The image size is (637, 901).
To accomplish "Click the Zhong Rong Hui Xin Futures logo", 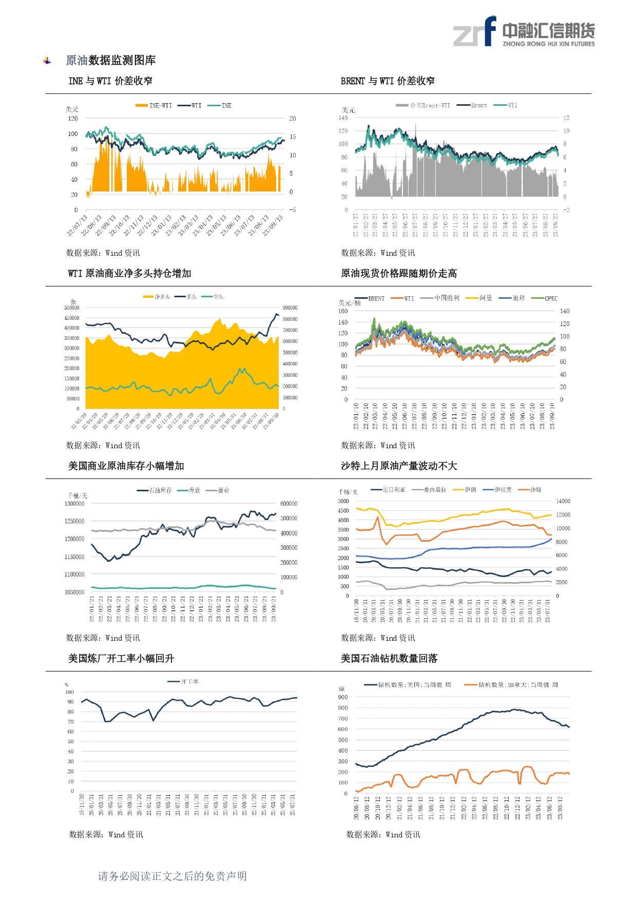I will tap(524, 32).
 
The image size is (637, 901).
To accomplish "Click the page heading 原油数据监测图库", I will tap(110, 61).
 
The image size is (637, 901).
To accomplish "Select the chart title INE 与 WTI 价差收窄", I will tap(110, 81).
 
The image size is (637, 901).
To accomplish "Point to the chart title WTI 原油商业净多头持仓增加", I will tap(129, 274).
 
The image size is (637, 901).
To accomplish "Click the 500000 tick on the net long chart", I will tap(72, 308).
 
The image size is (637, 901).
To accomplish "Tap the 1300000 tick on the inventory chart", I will tap(74, 504).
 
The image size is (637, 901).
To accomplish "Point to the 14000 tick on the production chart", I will tap(563, 501).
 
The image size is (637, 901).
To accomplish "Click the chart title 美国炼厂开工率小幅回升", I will tap(121, 659).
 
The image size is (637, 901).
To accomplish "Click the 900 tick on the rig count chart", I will tap(342, 697).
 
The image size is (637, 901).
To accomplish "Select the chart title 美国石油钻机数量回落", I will tap(389, 659).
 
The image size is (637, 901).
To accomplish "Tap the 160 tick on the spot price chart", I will tap(343, 311).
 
